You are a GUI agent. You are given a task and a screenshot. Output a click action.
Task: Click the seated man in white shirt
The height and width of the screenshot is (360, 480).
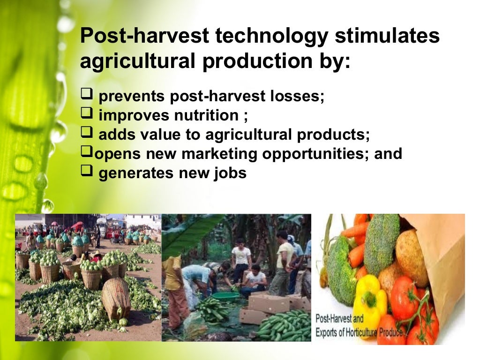point(255,281)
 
